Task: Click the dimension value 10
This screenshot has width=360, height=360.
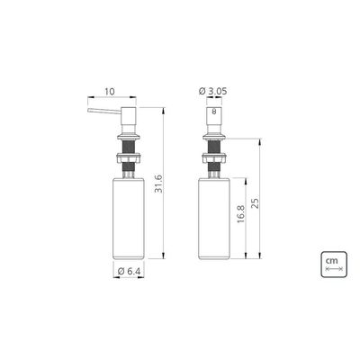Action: (x=110, y=92)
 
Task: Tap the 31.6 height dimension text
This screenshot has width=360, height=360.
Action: (x=159, y=184)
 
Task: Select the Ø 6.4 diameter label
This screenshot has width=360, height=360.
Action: (x=129, y=271)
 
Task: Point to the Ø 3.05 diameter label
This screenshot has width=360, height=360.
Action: (x=213, y=91)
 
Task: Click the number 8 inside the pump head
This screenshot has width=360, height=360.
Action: (x=214, y=112)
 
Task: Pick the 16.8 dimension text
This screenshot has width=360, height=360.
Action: (x=240, y=214)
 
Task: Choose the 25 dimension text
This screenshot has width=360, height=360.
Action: (x=255, y=203)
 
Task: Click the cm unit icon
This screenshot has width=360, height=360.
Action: (x=334, y=264)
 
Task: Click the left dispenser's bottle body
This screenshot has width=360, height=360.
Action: (x=129, y=218)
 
